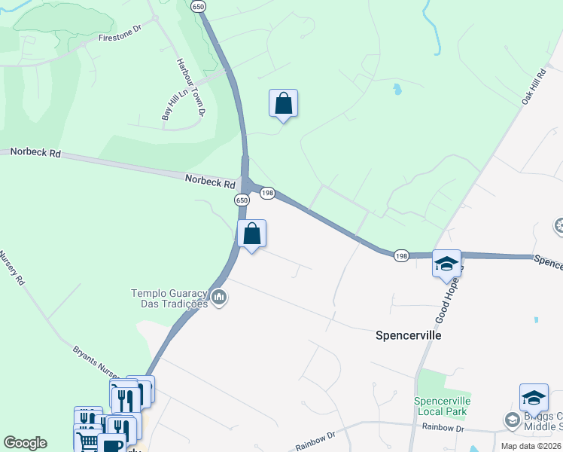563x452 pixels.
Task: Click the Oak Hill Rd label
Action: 533,89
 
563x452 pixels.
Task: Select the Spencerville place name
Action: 409,335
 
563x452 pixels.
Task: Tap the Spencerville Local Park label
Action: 443,405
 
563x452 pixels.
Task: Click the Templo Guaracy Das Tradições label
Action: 169,298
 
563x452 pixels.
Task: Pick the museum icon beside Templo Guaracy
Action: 219,298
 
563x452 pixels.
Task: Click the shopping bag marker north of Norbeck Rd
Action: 283,103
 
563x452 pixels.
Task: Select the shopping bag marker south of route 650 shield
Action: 252,234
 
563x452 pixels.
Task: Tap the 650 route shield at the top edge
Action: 198,6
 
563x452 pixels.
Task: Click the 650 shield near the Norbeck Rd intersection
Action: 241,200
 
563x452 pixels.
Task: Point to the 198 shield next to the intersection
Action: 267,194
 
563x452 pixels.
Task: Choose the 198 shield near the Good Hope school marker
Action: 400,255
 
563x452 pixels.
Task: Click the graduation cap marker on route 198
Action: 446,264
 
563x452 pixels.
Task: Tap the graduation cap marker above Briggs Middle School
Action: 533,397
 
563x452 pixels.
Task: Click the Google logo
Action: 25,443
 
